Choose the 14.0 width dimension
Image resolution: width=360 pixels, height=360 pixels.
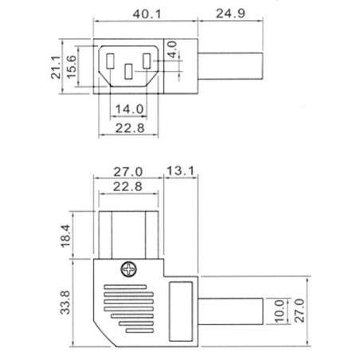pos(128,108)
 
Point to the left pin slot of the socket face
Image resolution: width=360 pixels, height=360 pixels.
pos(109,61)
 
